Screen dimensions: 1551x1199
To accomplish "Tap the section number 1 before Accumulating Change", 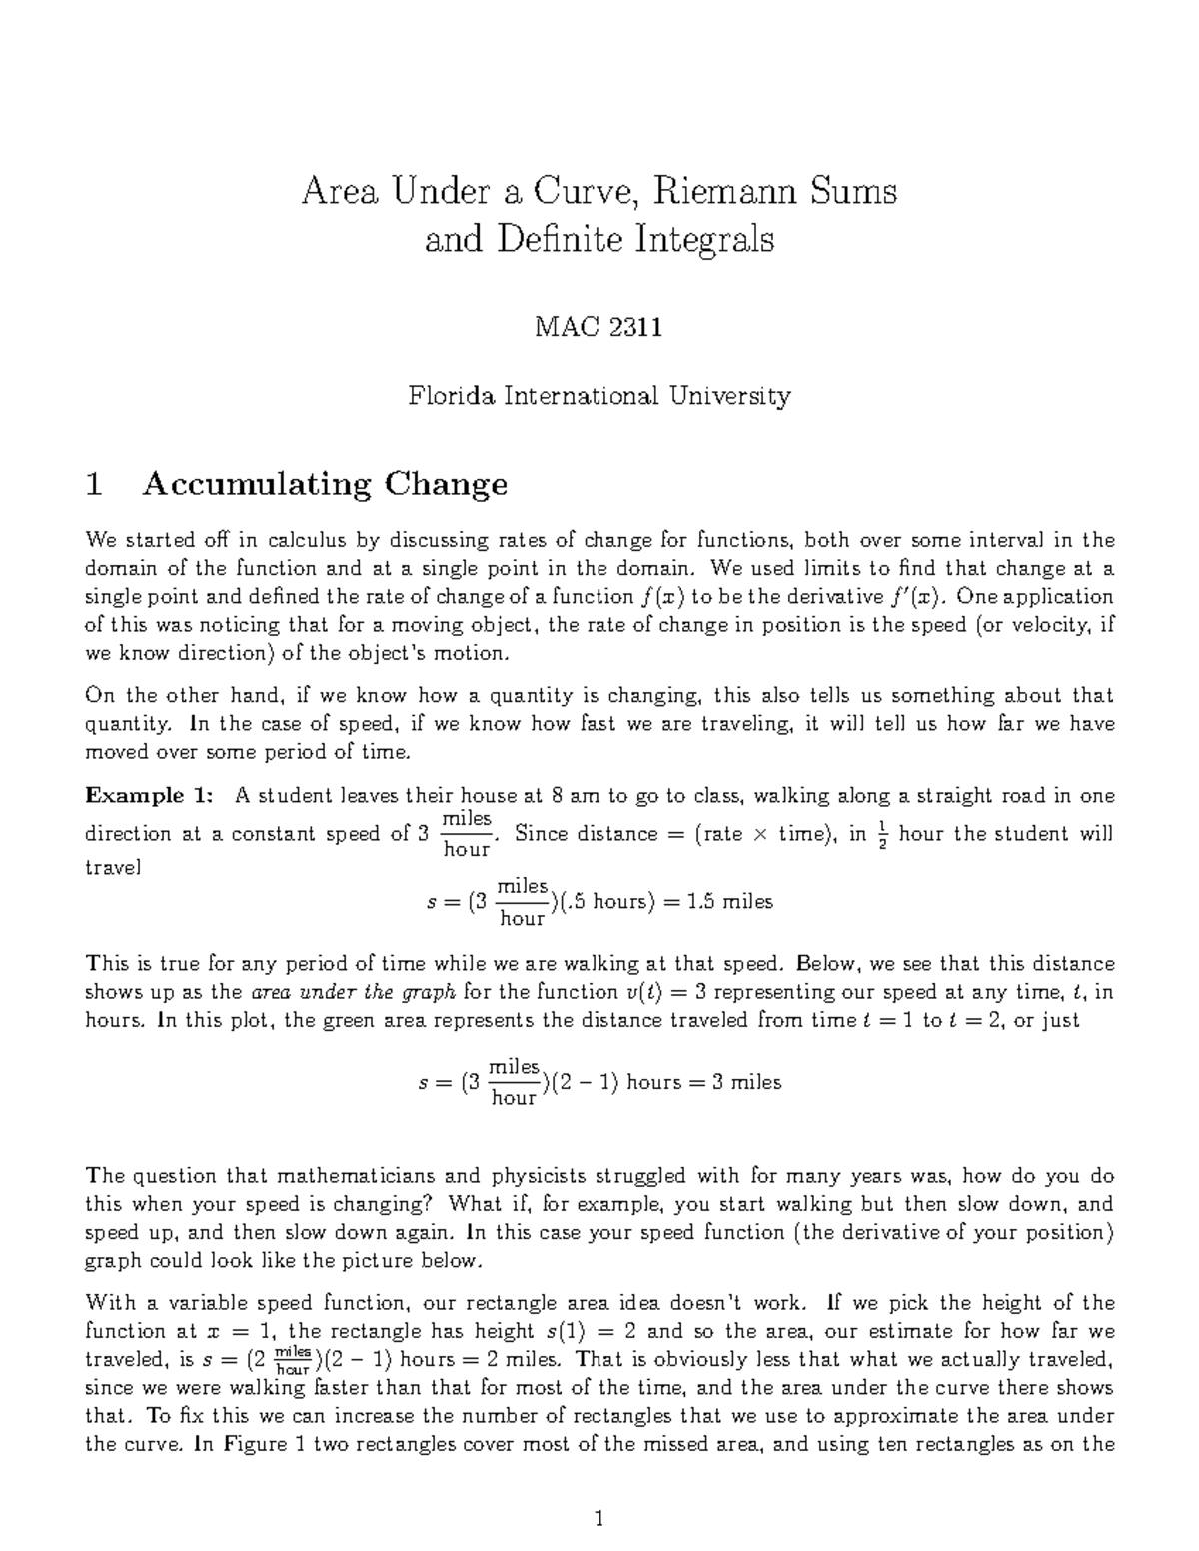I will (94, 484).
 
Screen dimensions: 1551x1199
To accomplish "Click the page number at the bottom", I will (599, 1520).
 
